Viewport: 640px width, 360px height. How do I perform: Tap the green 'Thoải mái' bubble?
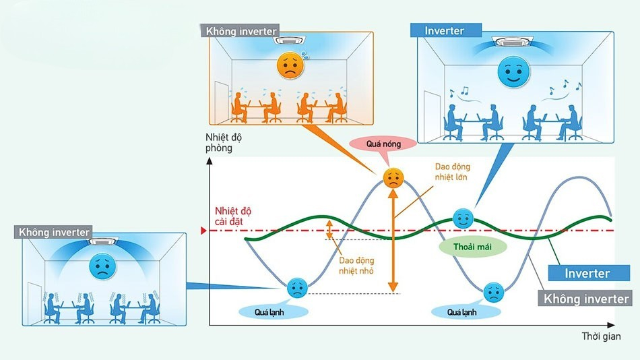click(472, 247)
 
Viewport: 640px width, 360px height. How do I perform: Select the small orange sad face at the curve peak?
click(393, 178)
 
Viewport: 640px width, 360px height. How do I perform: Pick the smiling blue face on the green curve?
click(463, 219)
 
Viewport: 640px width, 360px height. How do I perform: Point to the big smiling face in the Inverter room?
click(513, 71)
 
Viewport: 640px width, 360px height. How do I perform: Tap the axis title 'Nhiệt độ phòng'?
click(223, 142)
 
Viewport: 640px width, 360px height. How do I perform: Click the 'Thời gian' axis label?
click(601, 336)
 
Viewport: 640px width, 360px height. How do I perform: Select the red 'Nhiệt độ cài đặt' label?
click(233, 216)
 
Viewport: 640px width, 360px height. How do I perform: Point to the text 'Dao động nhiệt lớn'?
click(452, 172)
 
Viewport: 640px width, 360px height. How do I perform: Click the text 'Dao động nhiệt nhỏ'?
click(356, 265)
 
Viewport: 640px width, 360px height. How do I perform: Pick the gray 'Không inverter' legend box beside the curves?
click(585, 298)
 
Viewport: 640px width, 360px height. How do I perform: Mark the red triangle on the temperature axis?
click(203, 231)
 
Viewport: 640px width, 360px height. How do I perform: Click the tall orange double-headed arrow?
click(393, 241)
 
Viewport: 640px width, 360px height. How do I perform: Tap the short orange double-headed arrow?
click(329, 230)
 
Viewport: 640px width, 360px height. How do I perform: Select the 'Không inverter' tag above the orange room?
click(241, 30)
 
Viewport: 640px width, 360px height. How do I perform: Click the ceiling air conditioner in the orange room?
click(290, 40)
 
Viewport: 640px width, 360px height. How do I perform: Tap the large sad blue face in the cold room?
click(102, 266)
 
